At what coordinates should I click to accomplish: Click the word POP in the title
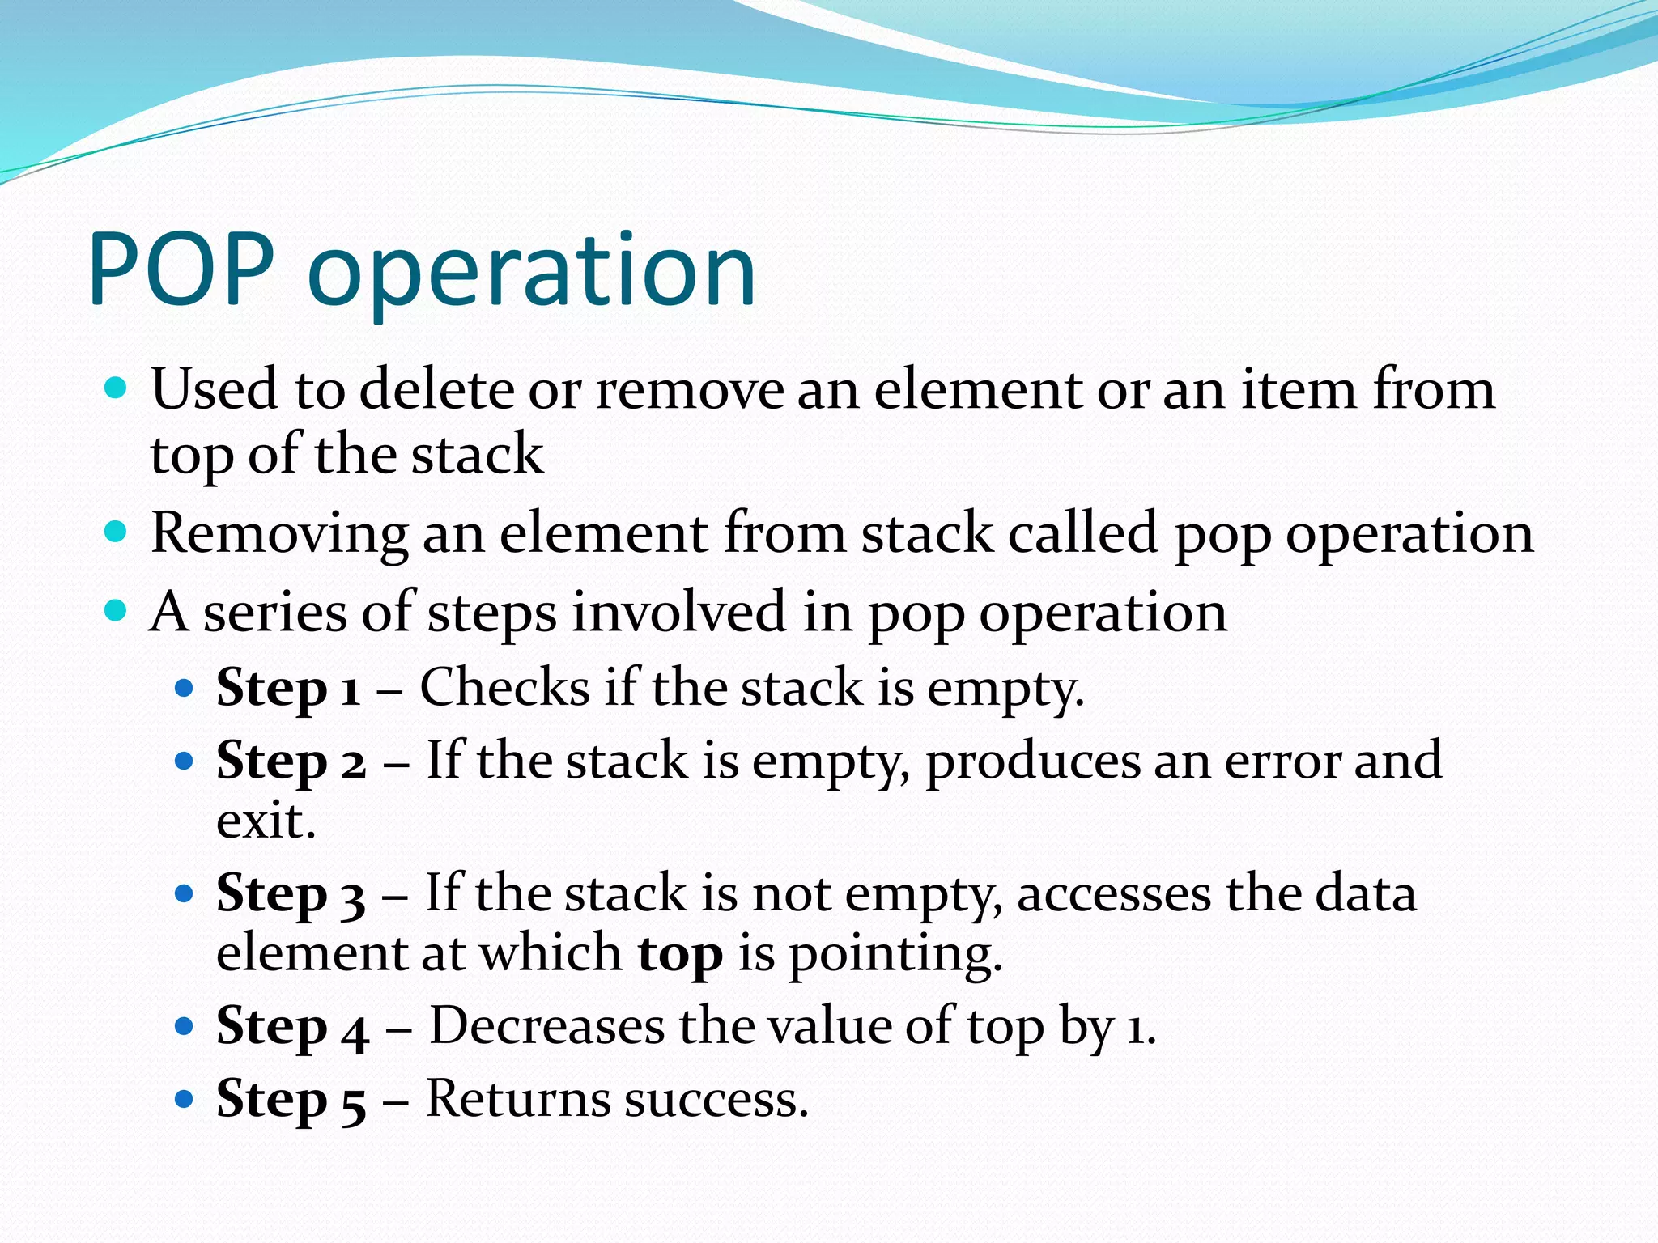[181, 270]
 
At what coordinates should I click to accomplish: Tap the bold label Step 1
[288, 689]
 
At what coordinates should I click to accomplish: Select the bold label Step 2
[291, 761]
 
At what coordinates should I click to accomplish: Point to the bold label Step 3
[291, 894]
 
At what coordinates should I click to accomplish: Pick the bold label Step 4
[292, 1027]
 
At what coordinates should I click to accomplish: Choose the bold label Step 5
[291, 1100]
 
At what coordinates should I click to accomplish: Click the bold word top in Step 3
[680, 956]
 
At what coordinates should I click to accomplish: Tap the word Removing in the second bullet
[279, 535]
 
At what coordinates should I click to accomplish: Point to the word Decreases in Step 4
[547, 1026]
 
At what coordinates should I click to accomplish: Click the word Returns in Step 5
[518, 1099]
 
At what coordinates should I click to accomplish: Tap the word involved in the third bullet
[678, 613]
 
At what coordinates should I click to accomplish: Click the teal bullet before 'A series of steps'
[117, 609]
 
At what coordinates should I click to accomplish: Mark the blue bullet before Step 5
[185, 1099]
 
